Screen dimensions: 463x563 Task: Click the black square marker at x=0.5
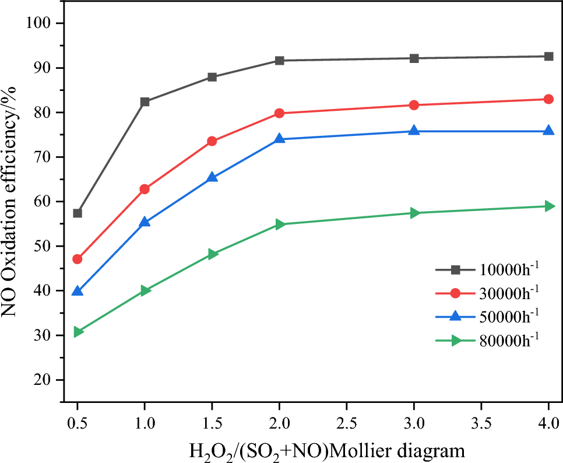pyautogui.click(x=78, y=213)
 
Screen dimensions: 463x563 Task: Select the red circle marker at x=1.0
pyautogui.click(x=145, y=189)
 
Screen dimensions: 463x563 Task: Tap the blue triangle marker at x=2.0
pyautogui.click(x=279, y=139)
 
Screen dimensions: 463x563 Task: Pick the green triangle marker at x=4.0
pyautogui.click(x=548, y=206)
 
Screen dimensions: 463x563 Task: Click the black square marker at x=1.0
pyautogui.click(x=145, y=101)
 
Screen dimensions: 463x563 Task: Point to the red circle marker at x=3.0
pyautogui.click(x=414, y=105)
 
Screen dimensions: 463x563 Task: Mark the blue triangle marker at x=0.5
pyautogui.click(x=78, y=290)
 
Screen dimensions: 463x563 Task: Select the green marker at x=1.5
pyautogui.click(x=212, y=254)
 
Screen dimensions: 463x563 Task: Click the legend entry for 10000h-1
pyautogui.click(x=487, y=269)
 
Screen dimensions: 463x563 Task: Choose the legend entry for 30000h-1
pyautogui.click(x=487, y=293)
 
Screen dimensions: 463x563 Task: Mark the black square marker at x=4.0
pyautogui.click(x=548, y=57)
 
